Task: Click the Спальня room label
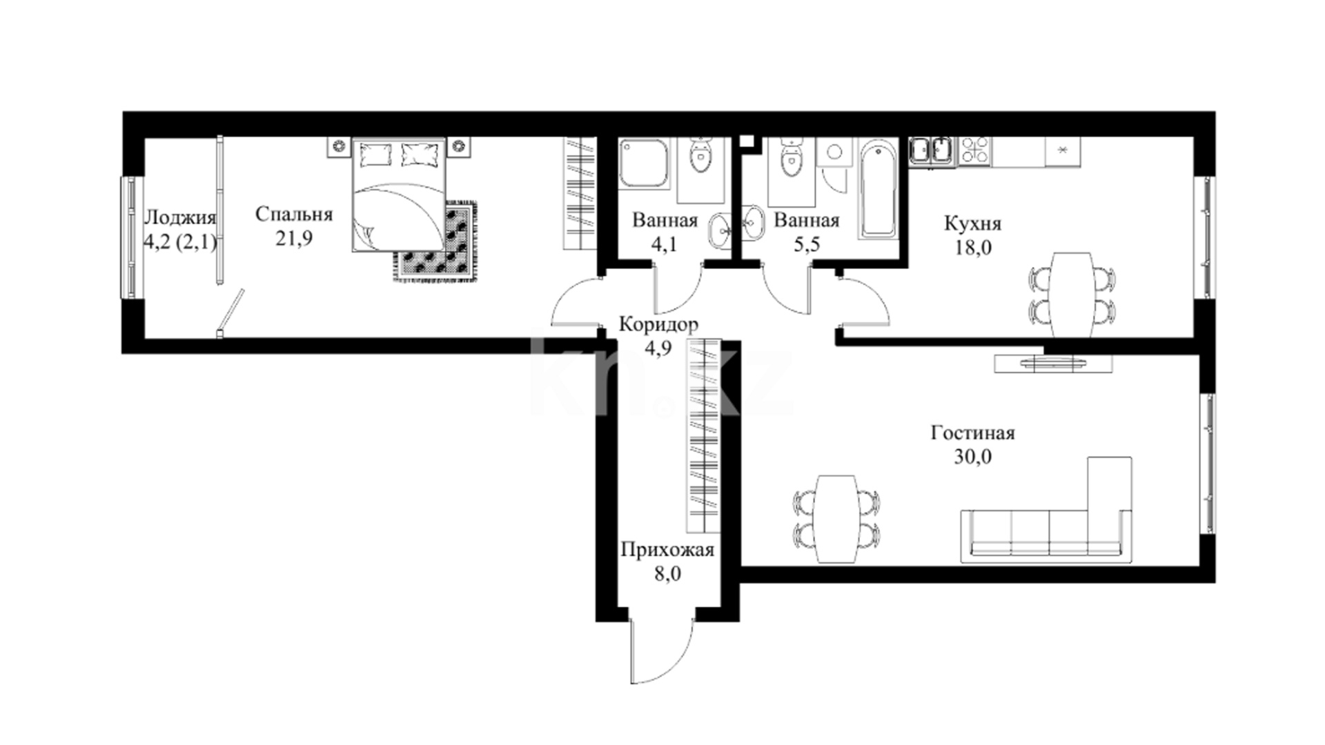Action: [x=293, y=215]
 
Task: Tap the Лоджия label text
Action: [x=179, y=218]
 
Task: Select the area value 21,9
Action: [x=294, y=239]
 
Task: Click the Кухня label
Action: [x=972, y=224]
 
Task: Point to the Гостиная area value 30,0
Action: [x=973, y=457]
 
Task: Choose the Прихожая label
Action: [x=667, y=550]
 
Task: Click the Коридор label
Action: [x=658, y=324]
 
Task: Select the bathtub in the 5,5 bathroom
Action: [x=878, y=188]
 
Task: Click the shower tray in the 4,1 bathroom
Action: [x=645, y=164]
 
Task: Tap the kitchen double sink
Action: [x=932, y=150]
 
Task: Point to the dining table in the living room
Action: [x=836, y=519]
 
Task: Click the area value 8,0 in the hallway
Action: [x=667, y=573]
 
